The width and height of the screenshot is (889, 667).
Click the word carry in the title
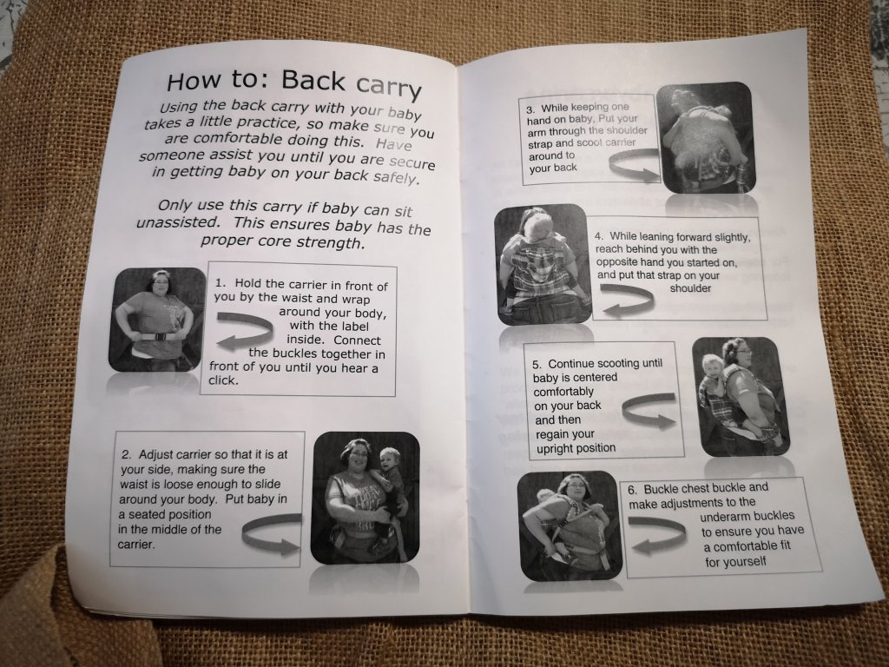pyautogui.click(x=389, y=87)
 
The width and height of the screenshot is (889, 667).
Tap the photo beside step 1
pyautogui.click(x=158, y=320)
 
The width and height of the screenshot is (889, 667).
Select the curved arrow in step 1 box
pyautogui.click(x=245, y=331)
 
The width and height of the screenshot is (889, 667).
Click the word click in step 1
pyautogui.click(x=223, y=380)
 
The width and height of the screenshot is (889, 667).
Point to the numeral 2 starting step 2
pyautogui.click(x=126, y=454)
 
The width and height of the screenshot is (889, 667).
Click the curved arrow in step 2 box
pyautogui.click(x=272, y=534)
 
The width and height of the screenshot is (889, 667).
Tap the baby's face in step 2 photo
pyautogui.click(x=390, y=459)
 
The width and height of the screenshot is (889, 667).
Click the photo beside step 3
pyautogui.click(x=707, y=138)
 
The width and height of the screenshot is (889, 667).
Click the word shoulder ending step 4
pyautogui.click(x=690, y=288)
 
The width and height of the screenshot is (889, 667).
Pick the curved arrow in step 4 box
pyautogui.click(x=627, y=300)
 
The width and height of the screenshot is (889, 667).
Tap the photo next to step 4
pyautogui.click(x=543, y=265)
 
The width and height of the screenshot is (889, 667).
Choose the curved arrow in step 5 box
pyautogui.click(x=649, y=411)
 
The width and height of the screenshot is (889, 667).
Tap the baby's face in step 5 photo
pyautogui.click(x=712, y=365)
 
